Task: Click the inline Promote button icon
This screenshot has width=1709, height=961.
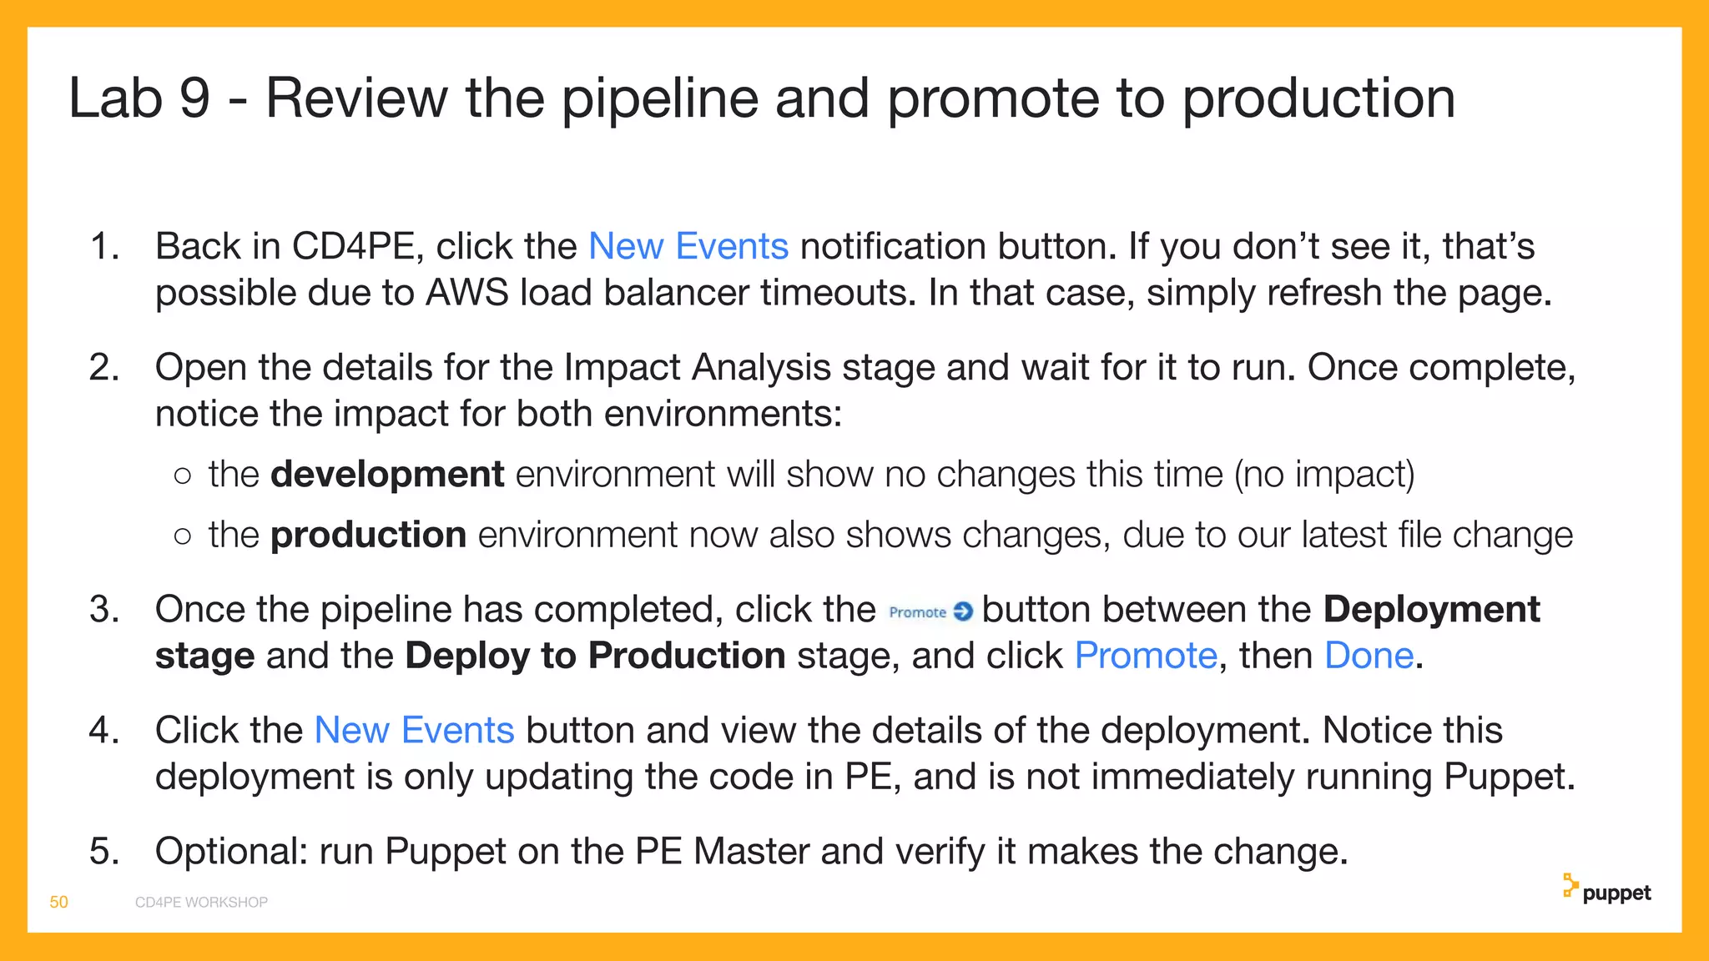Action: point(930,612)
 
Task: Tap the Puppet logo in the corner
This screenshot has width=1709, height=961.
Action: point(1606,890)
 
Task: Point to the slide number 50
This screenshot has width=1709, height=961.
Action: point(59,902)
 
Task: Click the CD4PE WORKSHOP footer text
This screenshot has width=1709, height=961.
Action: point(201,902)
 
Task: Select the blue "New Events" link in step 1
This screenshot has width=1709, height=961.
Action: point(688,247)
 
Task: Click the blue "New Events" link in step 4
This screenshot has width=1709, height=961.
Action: point(414,731)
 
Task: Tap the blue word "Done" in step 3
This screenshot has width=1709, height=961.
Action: point(1369,656)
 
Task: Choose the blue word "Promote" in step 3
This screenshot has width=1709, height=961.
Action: point(1146,656)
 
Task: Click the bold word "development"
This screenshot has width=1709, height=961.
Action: point(387,475)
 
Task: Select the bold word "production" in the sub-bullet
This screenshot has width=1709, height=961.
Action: point(368,535)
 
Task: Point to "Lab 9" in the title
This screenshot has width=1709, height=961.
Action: point(139,98)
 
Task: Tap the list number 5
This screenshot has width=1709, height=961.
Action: point(104,852)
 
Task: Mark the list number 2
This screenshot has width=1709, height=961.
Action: point(104,368)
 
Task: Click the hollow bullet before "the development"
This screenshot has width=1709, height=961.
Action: point(183,475)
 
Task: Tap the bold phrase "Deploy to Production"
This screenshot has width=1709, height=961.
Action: point(595,656)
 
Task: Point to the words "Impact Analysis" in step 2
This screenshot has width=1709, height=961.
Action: point(698,368)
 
